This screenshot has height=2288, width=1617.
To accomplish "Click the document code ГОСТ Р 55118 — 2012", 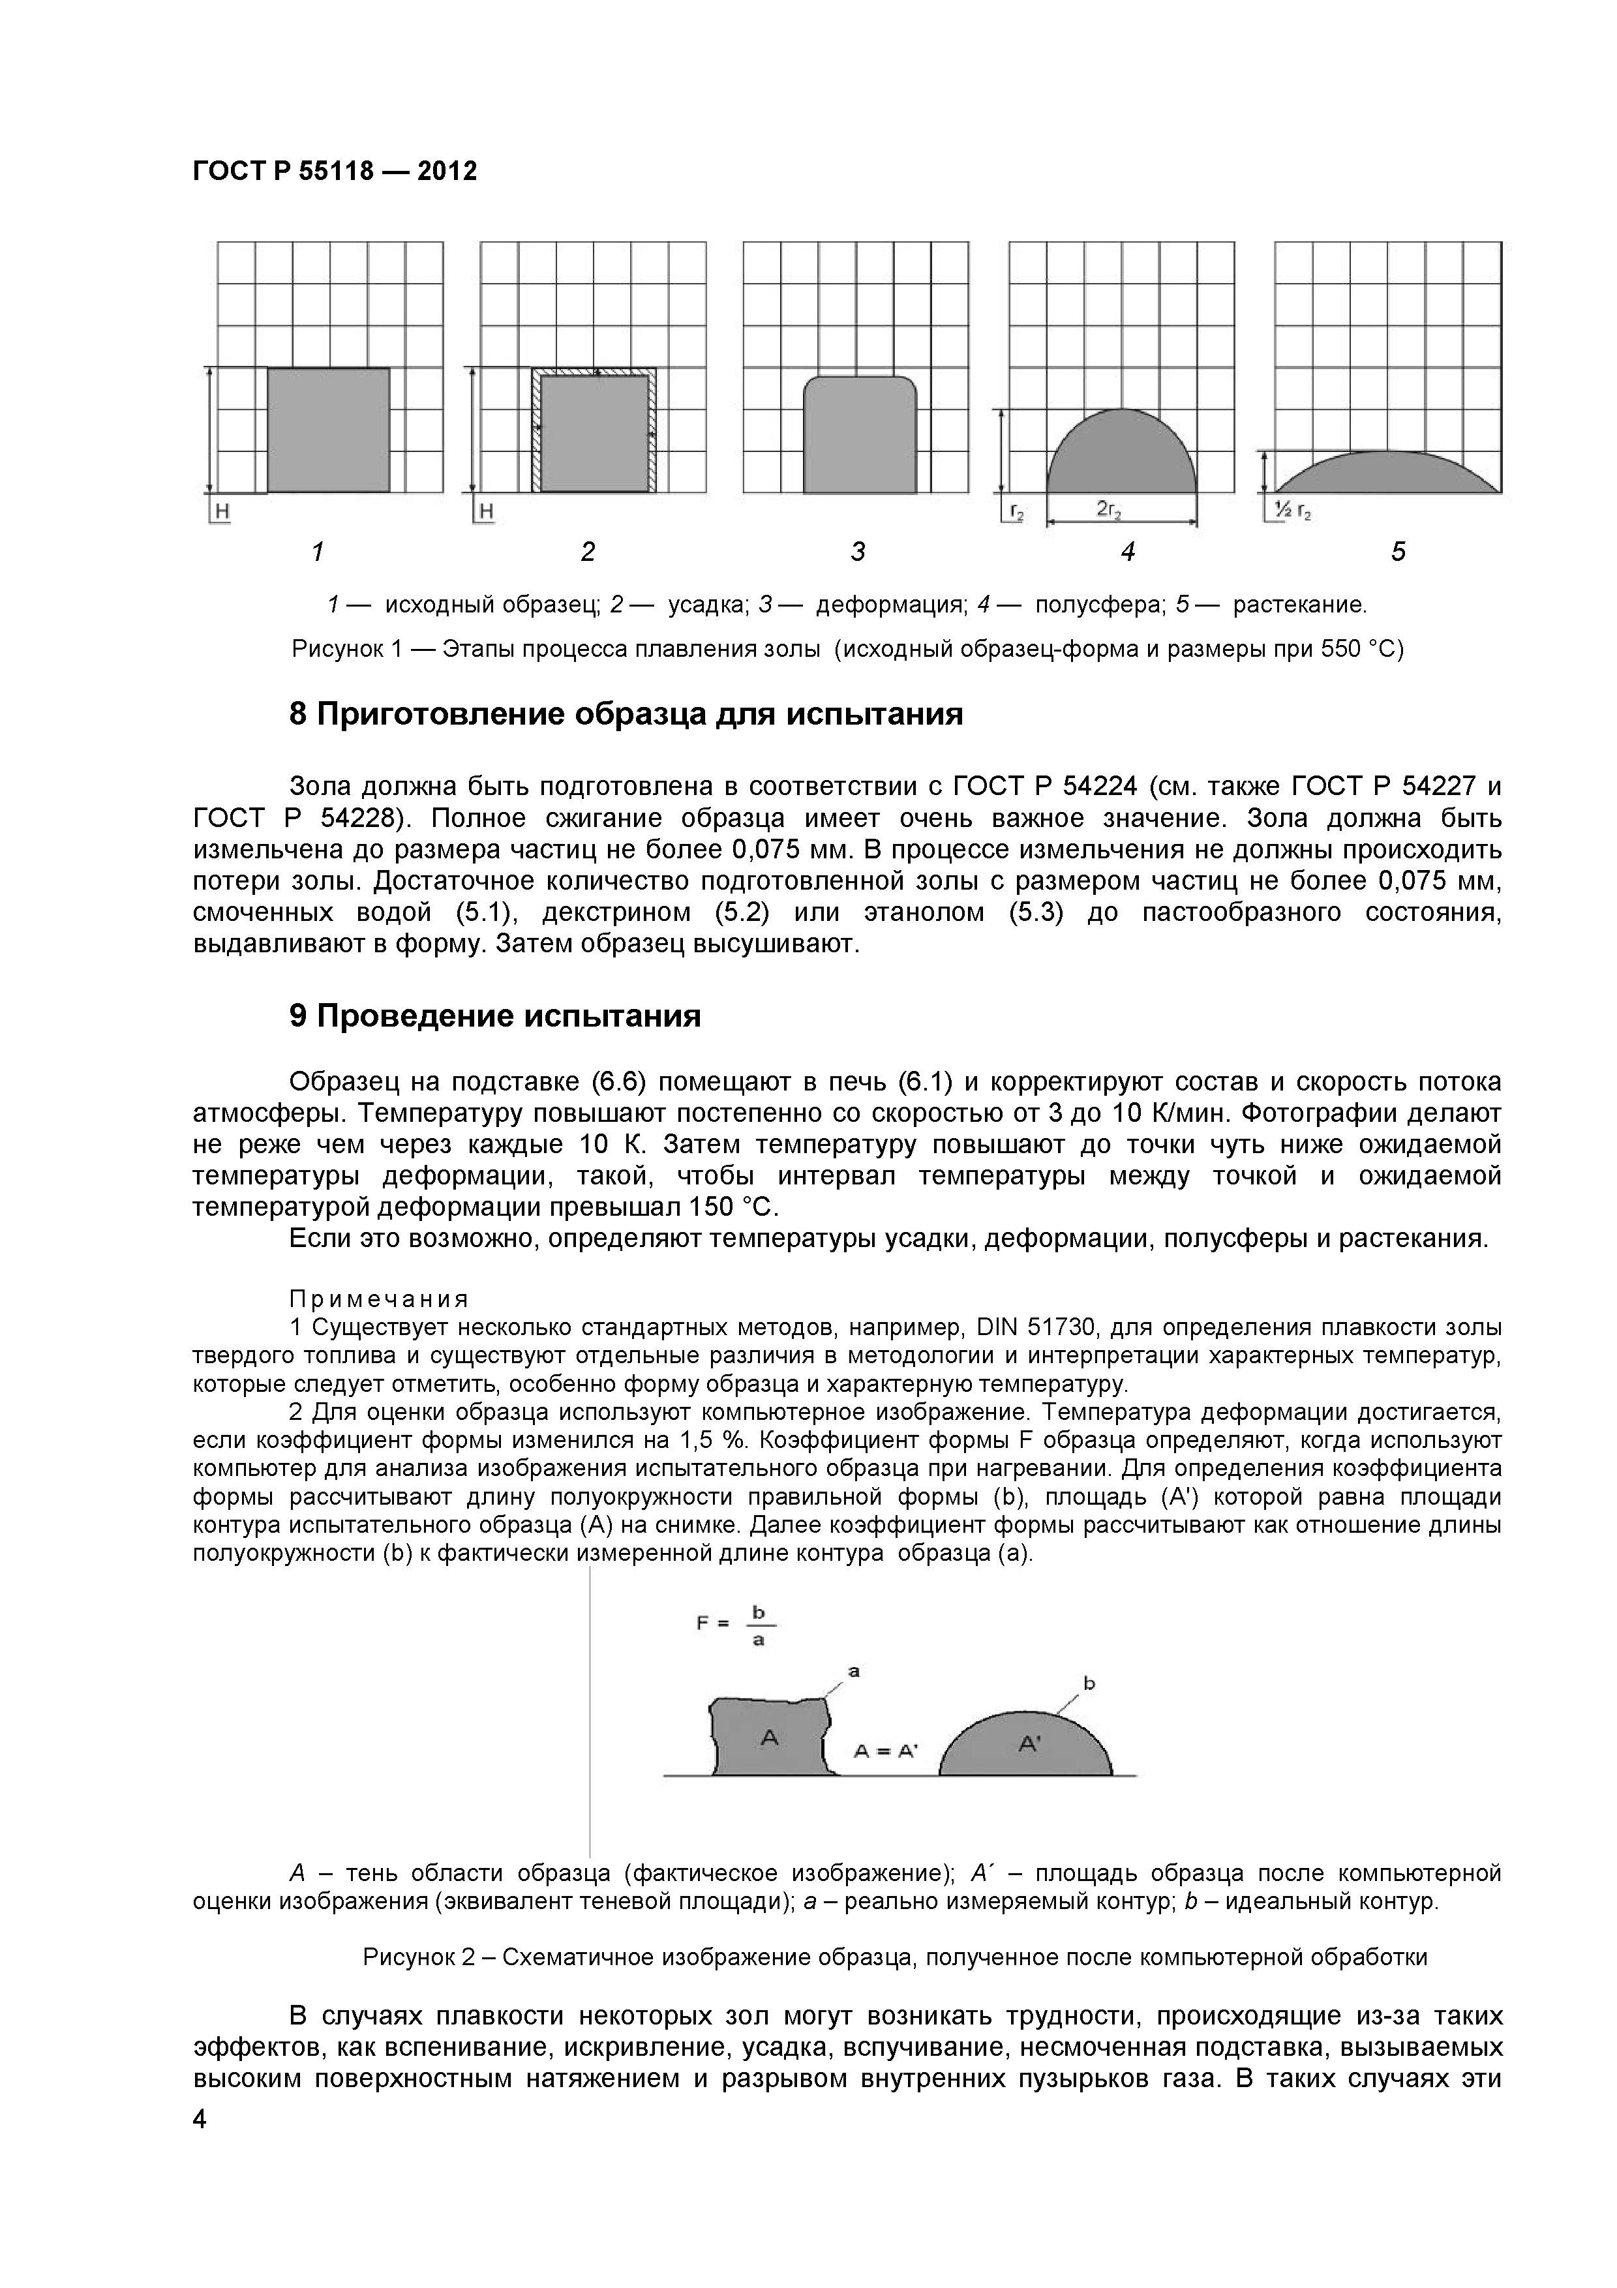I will [335, 172].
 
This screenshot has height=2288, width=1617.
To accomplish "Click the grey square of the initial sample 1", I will [328, 430].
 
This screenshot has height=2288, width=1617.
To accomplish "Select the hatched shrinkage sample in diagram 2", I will [594, 432].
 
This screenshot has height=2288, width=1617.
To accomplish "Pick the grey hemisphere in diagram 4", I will [1122, 457].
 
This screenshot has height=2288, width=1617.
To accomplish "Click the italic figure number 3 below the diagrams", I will [858, 551].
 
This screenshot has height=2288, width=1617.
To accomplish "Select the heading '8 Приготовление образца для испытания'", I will [626, 714].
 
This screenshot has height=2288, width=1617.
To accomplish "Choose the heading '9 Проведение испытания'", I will [495, 1016].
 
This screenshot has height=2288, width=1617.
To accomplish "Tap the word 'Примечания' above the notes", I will [378, 1299].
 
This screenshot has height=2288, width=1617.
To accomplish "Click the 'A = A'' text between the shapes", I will [884, 1751].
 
